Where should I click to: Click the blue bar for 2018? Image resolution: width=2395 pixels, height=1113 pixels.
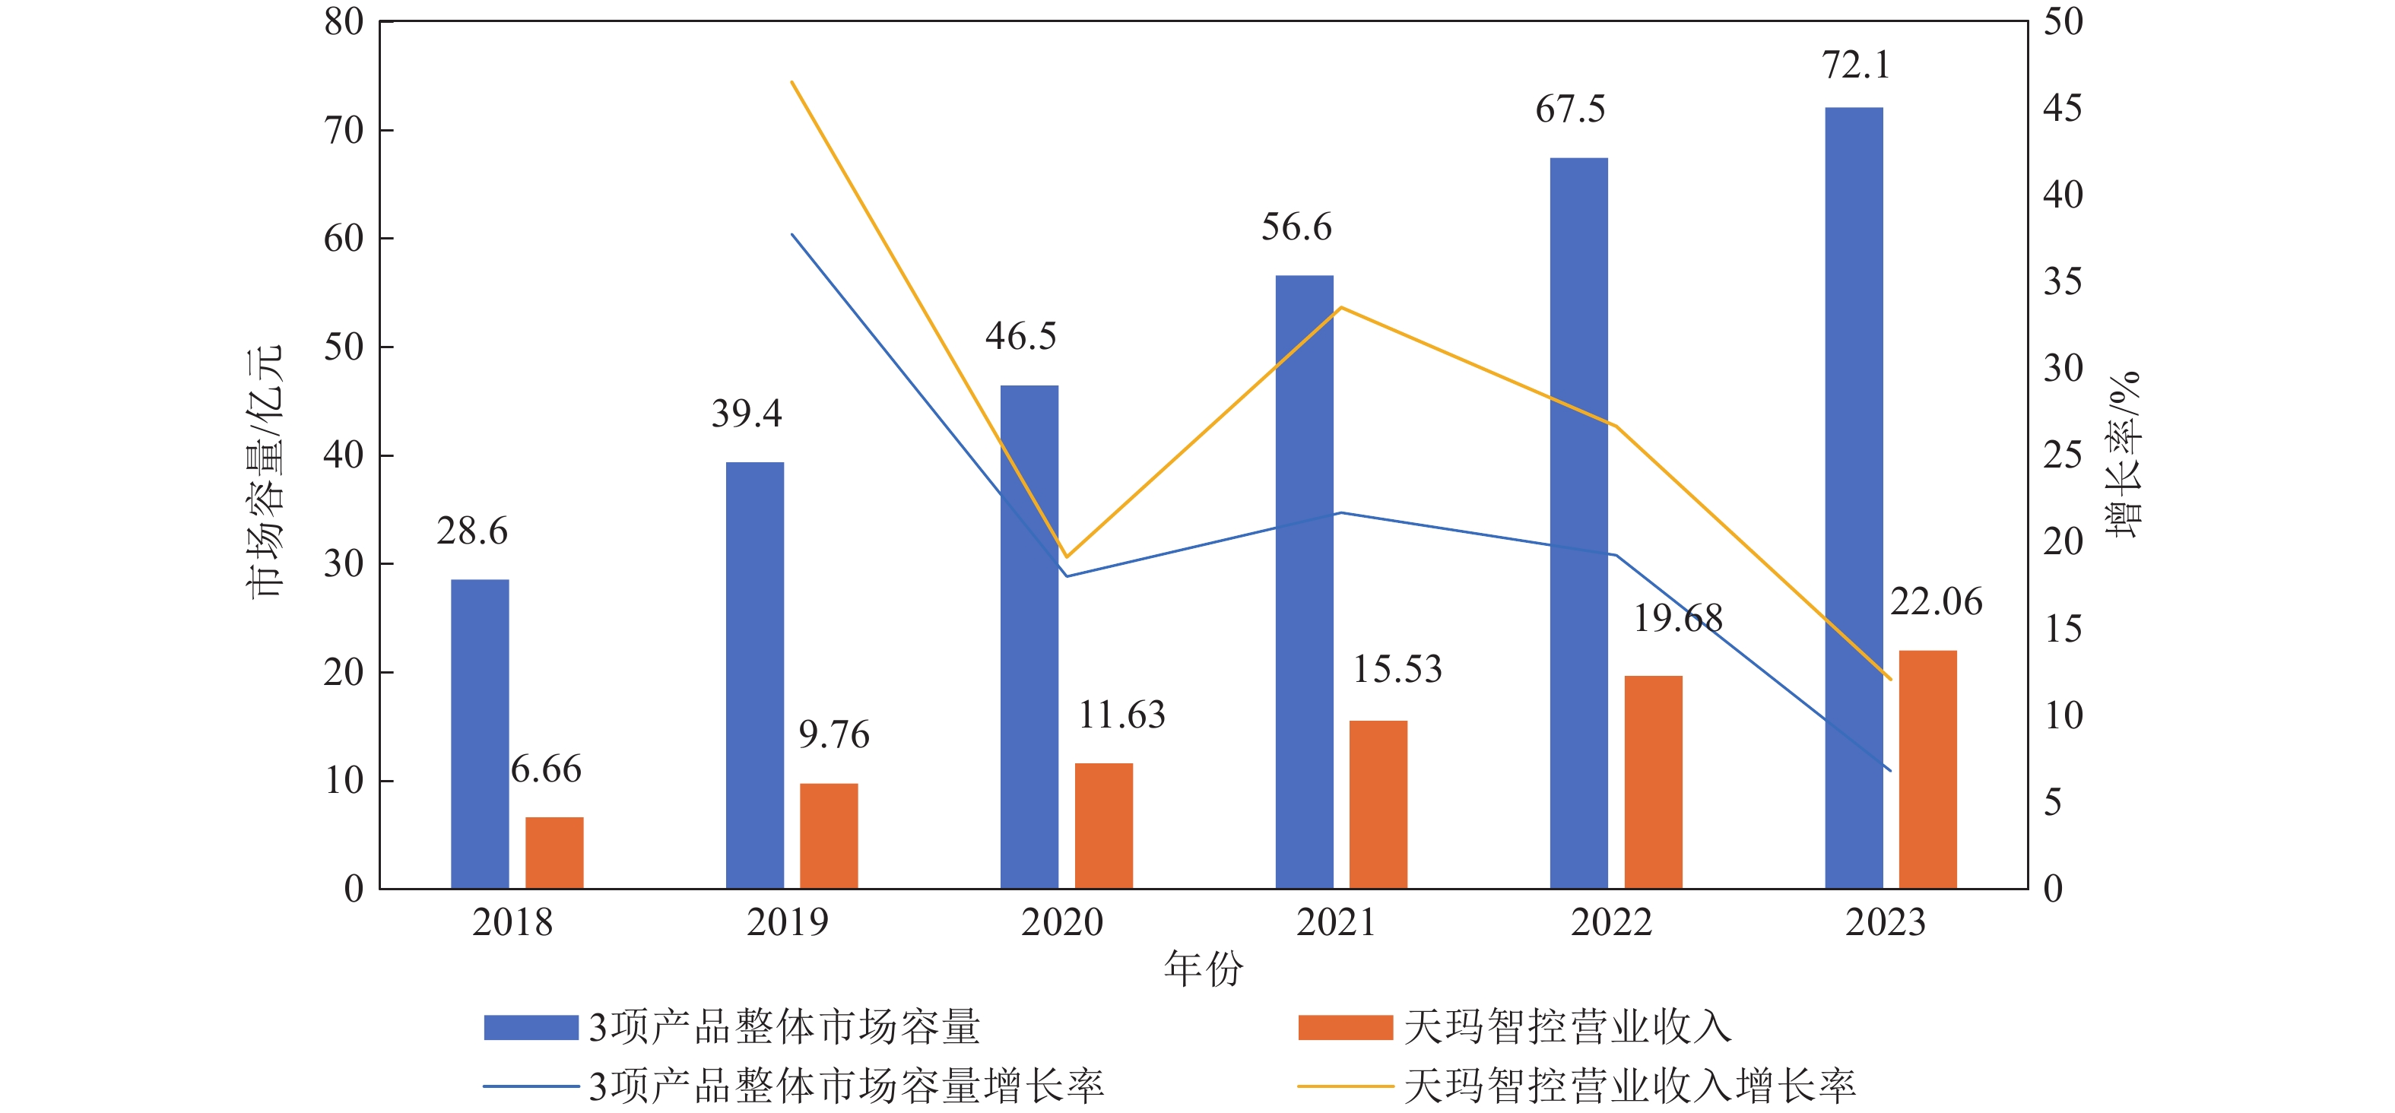coord(480,734)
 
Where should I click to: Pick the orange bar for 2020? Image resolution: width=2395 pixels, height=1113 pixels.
coord(1103,826)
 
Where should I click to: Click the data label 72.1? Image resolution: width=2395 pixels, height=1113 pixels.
coord(1855,66)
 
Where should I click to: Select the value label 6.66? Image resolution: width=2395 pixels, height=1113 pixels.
coord(546,770)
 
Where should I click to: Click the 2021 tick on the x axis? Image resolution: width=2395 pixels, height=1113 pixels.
coord(1335,922)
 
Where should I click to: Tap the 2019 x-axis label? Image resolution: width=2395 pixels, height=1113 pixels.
coord(787,922)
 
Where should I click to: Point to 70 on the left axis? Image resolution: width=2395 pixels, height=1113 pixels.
coord(343,131)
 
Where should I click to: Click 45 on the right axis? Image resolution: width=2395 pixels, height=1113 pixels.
coord(2062,109)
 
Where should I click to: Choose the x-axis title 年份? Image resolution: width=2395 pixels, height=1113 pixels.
coord(1203,969)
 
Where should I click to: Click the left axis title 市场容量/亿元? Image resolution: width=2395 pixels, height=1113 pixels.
coord(264,471)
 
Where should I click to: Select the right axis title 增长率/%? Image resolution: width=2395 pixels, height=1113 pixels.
coord(2124,455)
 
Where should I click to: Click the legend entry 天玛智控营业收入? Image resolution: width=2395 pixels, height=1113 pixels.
coord(1566,1027)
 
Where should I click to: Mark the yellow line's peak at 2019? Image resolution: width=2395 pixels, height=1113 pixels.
coord(792,82)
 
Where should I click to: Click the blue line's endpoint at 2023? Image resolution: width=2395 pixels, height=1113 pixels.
coord(1890,770)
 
